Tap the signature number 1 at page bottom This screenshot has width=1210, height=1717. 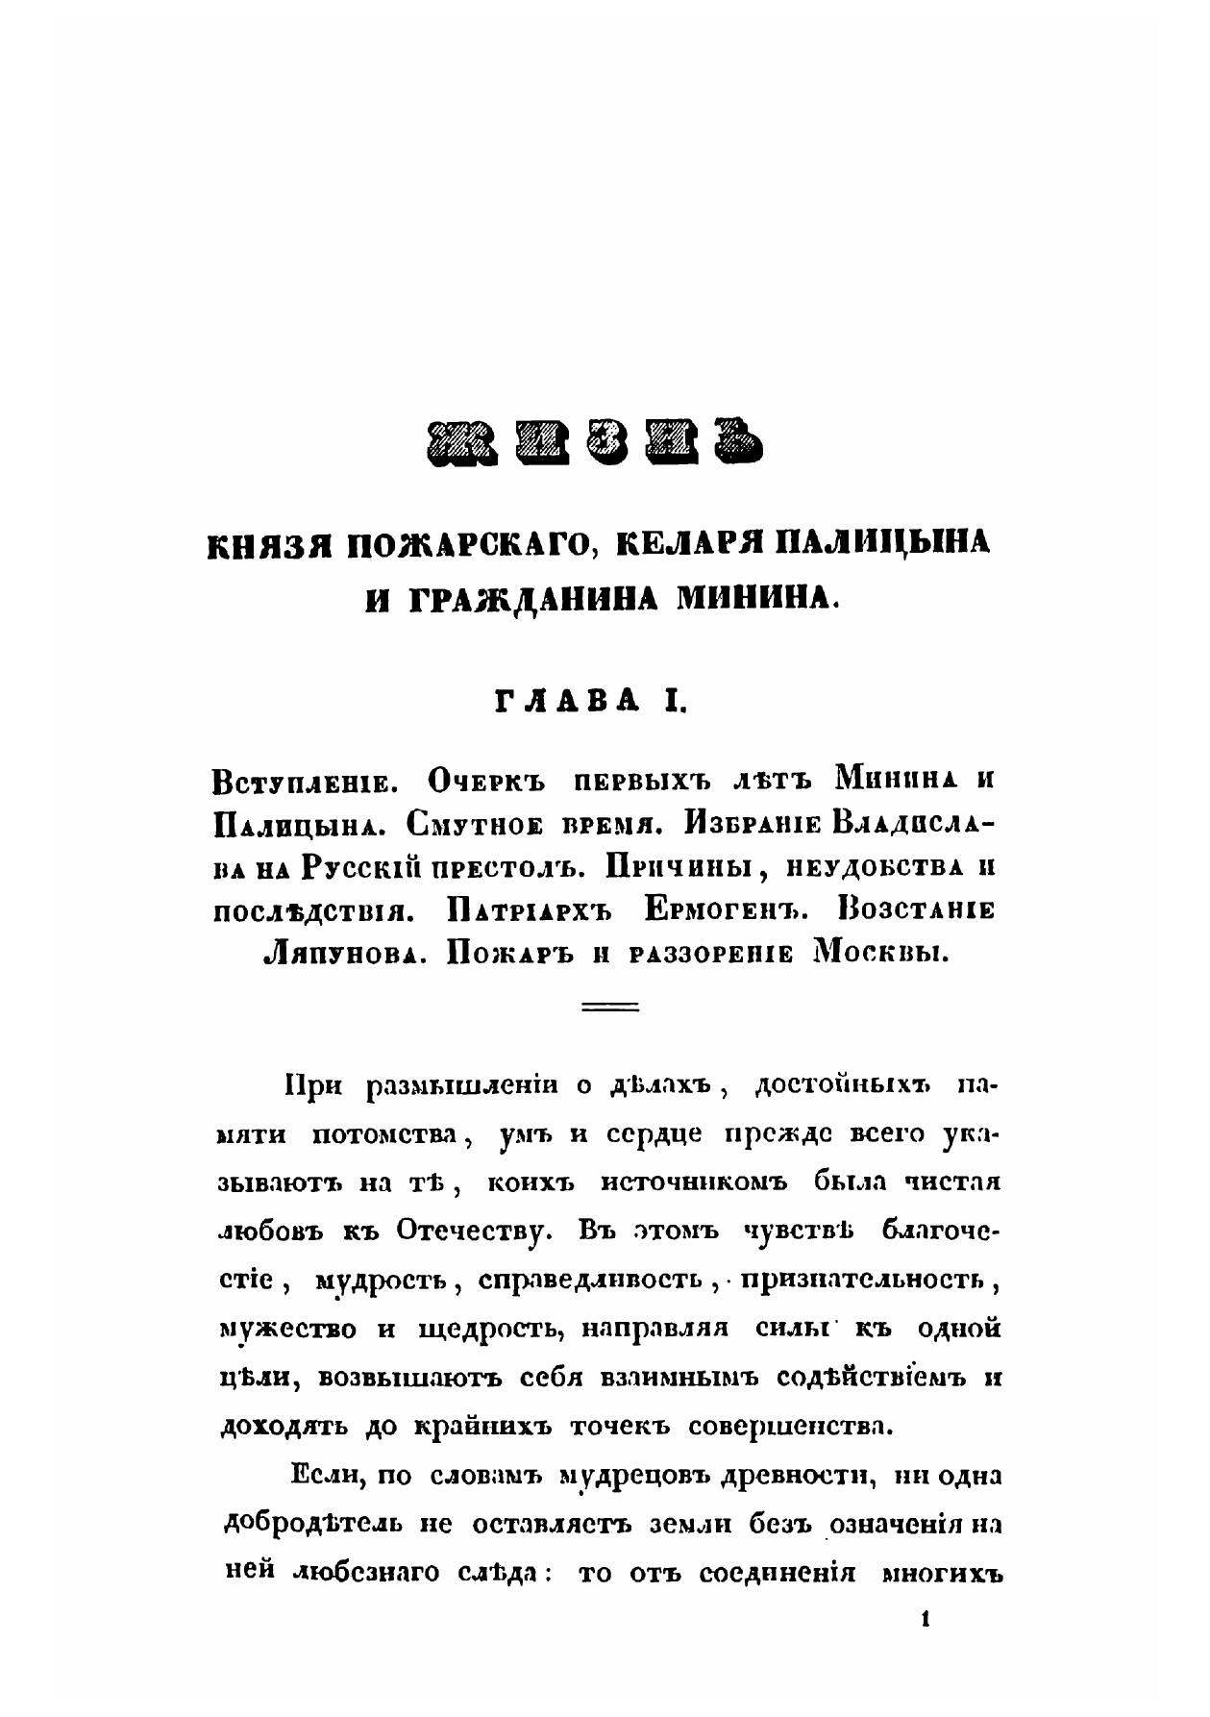(x=926, y=1620)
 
